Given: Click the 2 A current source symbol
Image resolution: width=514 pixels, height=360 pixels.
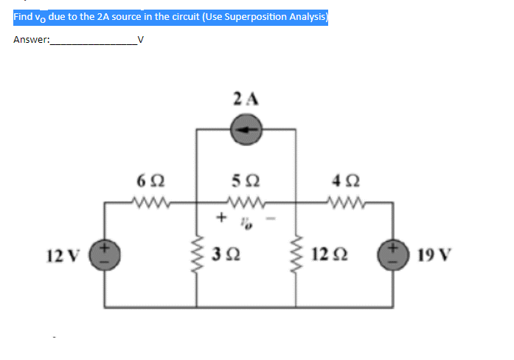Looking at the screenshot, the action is pos(246,130).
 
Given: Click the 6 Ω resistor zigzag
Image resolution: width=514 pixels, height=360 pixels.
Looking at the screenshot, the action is pos(151,201).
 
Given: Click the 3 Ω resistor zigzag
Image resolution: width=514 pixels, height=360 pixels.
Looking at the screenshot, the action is pos(197,255).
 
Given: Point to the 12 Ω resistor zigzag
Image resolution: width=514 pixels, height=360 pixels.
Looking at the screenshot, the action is pos(296,255).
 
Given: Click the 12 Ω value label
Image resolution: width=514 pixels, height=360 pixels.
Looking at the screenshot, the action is pos(328,256).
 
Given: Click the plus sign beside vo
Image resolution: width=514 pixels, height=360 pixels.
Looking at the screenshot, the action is pos(220,218).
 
